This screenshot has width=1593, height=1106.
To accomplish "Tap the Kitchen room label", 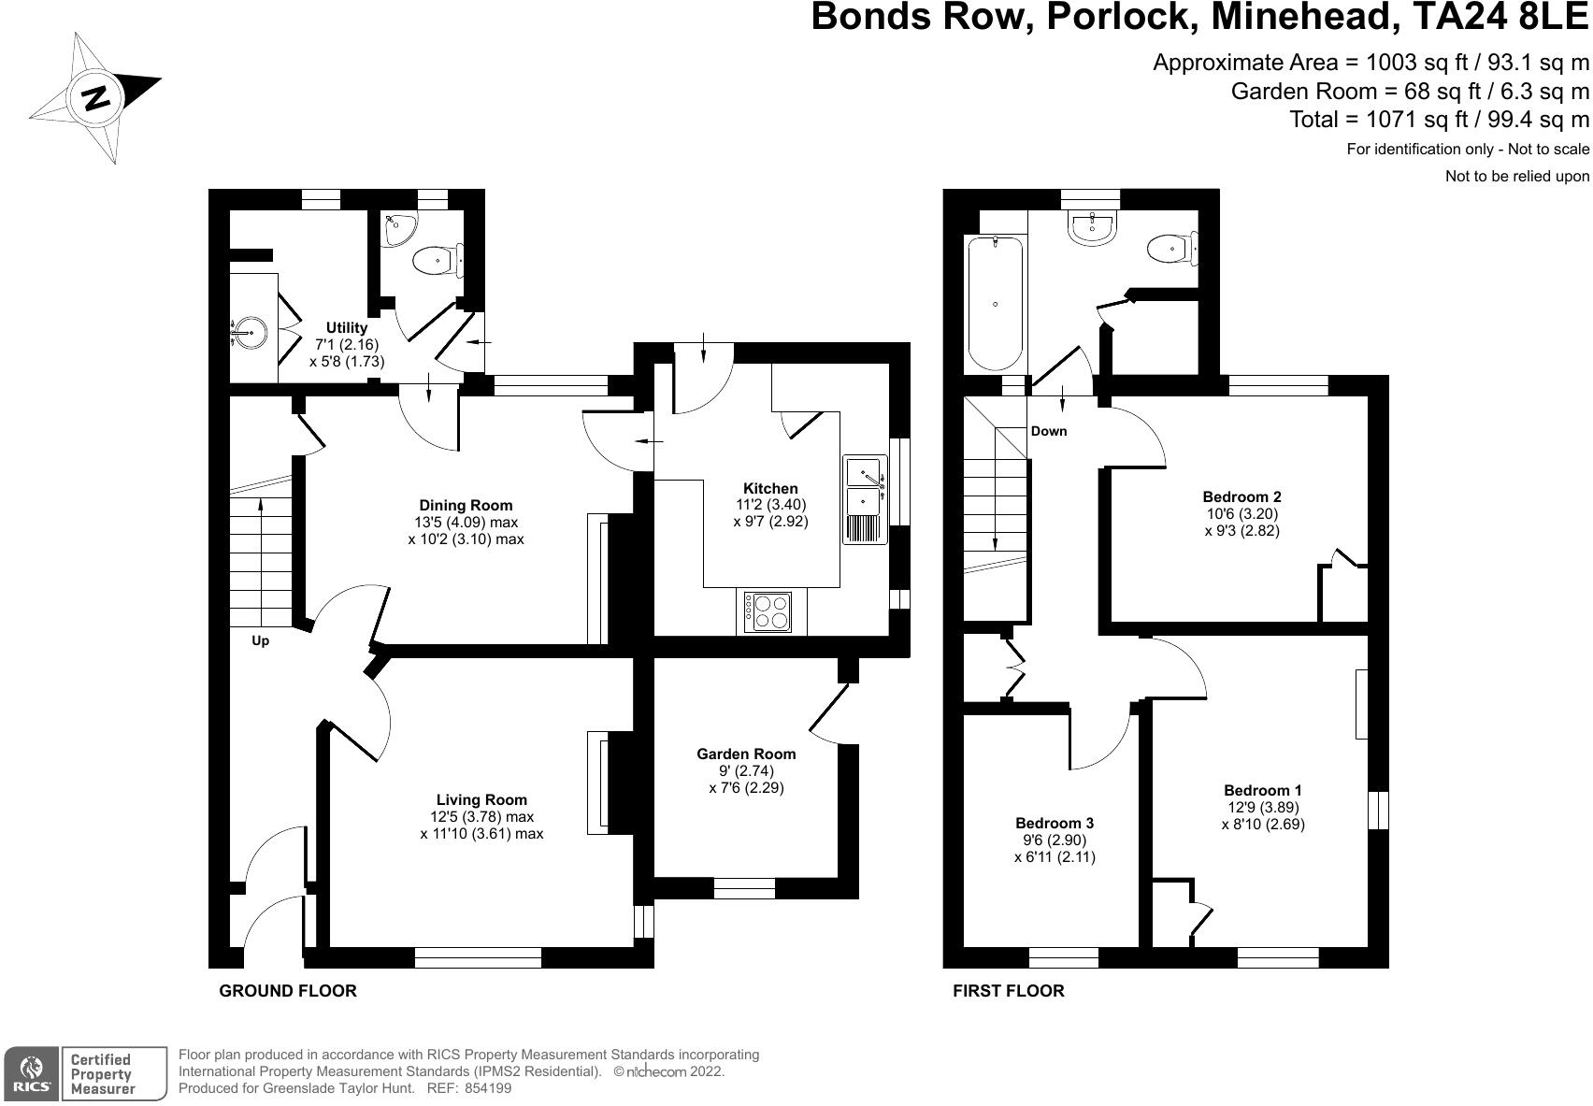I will click(770, 488).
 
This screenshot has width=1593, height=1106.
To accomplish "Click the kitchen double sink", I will click(865, 499).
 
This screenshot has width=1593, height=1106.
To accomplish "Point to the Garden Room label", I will click(746, 754).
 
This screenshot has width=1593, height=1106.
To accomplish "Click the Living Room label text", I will click(481, 799).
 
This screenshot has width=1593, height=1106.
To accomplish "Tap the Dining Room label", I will click(466, 506).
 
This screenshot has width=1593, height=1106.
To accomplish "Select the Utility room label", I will click(346, 327).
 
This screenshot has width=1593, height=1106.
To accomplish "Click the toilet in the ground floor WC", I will click(437, 260).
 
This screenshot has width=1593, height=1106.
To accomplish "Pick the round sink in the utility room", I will click(250, 330).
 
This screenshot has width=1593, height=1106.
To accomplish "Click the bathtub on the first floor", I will click(996, 303).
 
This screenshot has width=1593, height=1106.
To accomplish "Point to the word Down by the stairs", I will click(1048, 431).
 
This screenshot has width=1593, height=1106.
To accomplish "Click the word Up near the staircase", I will click(261, 641).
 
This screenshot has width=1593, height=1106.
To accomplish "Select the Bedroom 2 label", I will click(1241, 496).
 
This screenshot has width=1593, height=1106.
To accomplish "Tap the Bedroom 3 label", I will click(1055, 823).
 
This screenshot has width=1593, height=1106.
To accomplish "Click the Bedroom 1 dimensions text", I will click(1262, 815).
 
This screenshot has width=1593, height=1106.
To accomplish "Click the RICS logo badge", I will click(32, 1073).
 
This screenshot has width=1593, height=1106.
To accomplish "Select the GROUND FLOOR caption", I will click(288, 991).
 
